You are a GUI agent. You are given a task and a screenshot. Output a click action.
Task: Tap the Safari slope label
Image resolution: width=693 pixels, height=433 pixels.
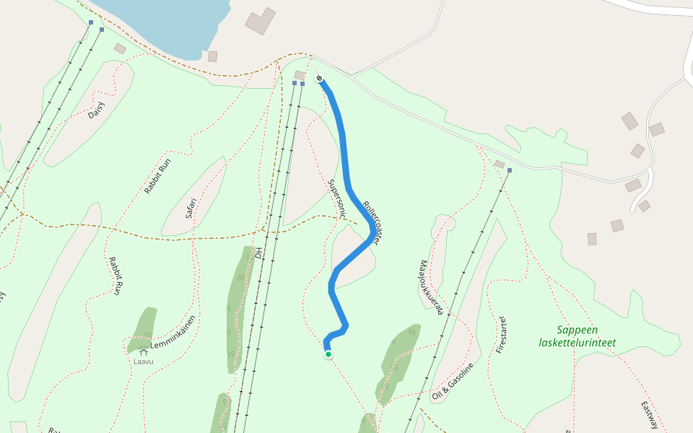[x=191, y=208]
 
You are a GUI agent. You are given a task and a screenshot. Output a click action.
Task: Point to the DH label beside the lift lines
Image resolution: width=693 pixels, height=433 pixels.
[x=258, y=253]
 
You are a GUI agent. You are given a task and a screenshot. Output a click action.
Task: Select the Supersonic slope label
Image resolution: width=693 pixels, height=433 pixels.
[x=337, y=198]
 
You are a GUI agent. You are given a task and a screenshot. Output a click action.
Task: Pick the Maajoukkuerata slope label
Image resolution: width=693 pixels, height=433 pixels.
[x=430, y=288]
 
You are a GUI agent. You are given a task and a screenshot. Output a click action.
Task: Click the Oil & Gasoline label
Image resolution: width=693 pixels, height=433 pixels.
[x=453, y=381]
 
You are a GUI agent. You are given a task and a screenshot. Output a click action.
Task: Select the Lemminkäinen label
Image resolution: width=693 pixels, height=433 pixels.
[x=173, y=333]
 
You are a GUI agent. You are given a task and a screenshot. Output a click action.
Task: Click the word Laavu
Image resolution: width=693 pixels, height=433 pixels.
[x=144, y=361]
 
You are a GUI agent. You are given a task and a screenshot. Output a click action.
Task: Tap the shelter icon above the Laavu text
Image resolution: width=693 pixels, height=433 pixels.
[x=143, y=352]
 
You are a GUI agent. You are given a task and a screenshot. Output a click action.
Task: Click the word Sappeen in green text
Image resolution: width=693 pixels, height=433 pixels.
[x=577, y=330]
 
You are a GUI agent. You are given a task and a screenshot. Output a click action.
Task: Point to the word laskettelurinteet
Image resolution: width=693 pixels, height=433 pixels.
[x=577, y=343]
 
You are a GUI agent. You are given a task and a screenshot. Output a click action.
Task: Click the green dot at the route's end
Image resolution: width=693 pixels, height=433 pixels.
[x=328, y=354]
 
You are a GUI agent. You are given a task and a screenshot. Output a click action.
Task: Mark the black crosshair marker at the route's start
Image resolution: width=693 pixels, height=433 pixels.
[x=319, y=78]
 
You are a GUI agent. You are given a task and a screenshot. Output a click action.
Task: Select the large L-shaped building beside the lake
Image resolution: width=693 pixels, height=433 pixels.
[x=259, y=21]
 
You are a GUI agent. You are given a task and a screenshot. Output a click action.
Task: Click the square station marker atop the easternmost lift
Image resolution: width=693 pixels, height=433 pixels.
[x=510, y=171]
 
